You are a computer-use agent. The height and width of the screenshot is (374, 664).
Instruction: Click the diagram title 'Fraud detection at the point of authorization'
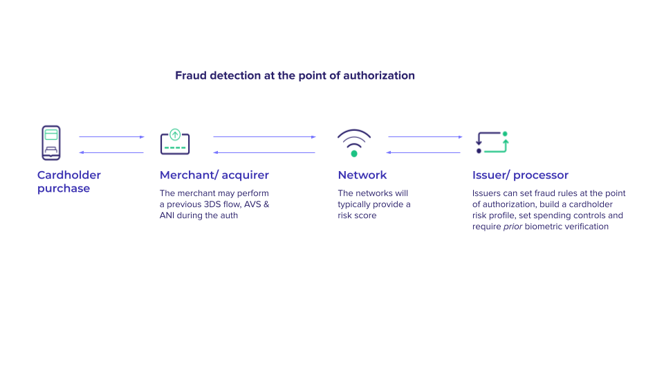[295, 75]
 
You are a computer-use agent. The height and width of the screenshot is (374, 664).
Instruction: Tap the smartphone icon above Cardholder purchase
[50, 143]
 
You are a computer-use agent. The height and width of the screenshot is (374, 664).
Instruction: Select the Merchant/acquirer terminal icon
[175, 141]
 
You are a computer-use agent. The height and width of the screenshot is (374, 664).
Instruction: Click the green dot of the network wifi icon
[354, 154]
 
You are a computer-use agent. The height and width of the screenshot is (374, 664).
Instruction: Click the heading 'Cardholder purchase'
[69, 181]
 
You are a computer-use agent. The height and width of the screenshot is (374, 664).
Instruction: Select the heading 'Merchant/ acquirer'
[214, 175]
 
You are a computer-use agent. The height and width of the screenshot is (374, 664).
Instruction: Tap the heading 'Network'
[362, 175]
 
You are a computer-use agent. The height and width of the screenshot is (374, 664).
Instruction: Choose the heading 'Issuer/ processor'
[520, 175]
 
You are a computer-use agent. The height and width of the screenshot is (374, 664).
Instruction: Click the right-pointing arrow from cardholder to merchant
[112, 137]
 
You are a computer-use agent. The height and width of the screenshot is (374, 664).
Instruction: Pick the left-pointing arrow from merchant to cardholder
[111, 152]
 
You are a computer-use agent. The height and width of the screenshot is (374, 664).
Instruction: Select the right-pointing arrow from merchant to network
[265, 137]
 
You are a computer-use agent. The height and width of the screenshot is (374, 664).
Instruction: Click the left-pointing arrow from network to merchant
[264, 152]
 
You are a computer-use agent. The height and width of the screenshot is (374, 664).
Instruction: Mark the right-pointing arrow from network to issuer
[425, 137]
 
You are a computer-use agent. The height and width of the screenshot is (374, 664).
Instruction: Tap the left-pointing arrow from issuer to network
[423, 152]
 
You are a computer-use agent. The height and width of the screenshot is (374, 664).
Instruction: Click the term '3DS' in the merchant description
[212, 204]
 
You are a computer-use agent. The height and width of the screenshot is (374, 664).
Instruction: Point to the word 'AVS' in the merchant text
[252, 204]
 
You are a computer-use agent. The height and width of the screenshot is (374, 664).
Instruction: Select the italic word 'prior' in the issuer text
[513, 227]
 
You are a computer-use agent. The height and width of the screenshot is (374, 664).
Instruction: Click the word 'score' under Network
[365, 215]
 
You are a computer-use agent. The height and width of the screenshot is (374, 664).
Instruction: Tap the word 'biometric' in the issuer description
[544, 226]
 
